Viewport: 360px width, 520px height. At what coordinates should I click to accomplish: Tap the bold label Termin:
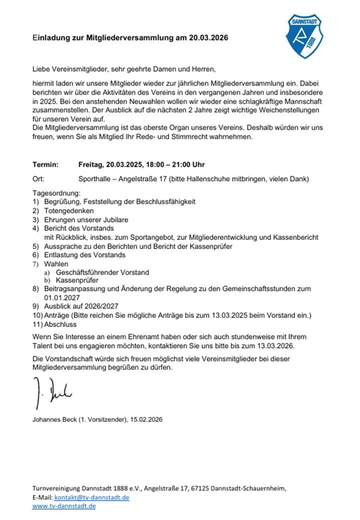pos(45,164)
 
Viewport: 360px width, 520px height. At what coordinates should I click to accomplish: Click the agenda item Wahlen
pos(56,263)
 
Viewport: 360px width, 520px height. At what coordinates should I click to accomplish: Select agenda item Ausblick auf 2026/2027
pos(81,306)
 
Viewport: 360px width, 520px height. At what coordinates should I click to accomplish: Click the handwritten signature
pos(52,388)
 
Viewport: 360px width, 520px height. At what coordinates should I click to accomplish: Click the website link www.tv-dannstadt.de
pos(63,506)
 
